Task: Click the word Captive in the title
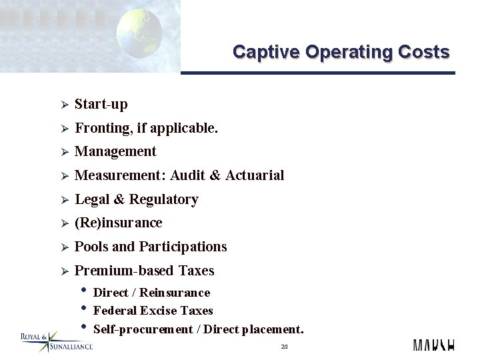261,52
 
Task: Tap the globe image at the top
139,33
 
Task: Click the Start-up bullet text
101,104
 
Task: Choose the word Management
115,151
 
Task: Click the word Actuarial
255,175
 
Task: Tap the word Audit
187,175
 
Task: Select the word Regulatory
164,199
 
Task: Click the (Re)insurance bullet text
119,223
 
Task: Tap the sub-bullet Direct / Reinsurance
152,293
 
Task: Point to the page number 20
284,347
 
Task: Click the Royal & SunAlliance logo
56,341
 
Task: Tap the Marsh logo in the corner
433,345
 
